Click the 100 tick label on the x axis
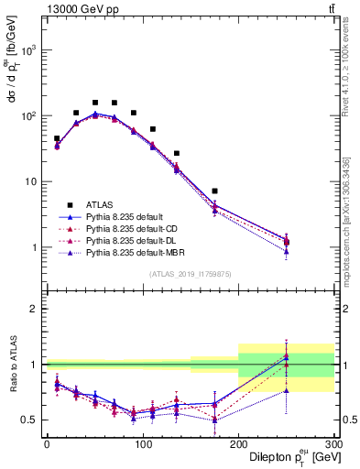(x=143, y=444)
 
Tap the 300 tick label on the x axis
(x=333, y=444)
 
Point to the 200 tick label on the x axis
(x=238, y=444)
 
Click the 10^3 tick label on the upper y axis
(x=30, y=50)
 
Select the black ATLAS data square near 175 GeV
(x=214, y=191)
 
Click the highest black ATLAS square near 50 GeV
(x=95, y=103)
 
